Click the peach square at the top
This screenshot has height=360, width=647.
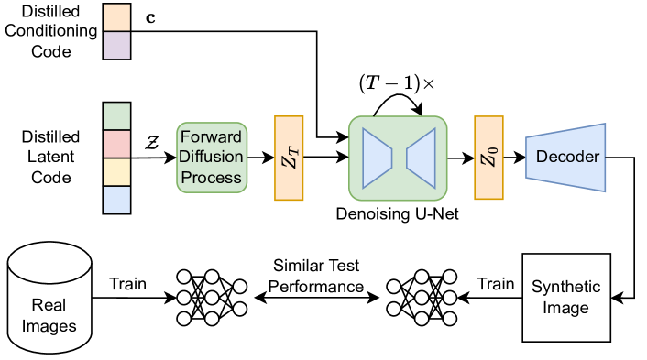117,17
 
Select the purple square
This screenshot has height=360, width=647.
117,45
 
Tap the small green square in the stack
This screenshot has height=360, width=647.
117,116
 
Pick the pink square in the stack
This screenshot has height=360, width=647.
117,144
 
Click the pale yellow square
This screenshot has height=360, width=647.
117,171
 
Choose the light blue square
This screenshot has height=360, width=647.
117,199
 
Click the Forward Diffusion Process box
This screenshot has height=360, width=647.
212,157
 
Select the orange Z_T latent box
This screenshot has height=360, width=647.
288,158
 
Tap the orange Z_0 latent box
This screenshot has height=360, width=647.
488,158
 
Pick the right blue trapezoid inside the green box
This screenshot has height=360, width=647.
420,158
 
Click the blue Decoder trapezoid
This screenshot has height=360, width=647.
566,158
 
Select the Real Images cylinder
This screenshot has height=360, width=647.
49,299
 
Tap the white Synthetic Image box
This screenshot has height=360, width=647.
565,298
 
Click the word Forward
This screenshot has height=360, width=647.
212,136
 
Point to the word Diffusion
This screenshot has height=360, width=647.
212,157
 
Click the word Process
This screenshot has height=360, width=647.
212,177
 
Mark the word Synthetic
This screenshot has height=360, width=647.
565,288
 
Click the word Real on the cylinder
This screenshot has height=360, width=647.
49,306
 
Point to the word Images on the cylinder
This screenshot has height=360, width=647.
49,325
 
